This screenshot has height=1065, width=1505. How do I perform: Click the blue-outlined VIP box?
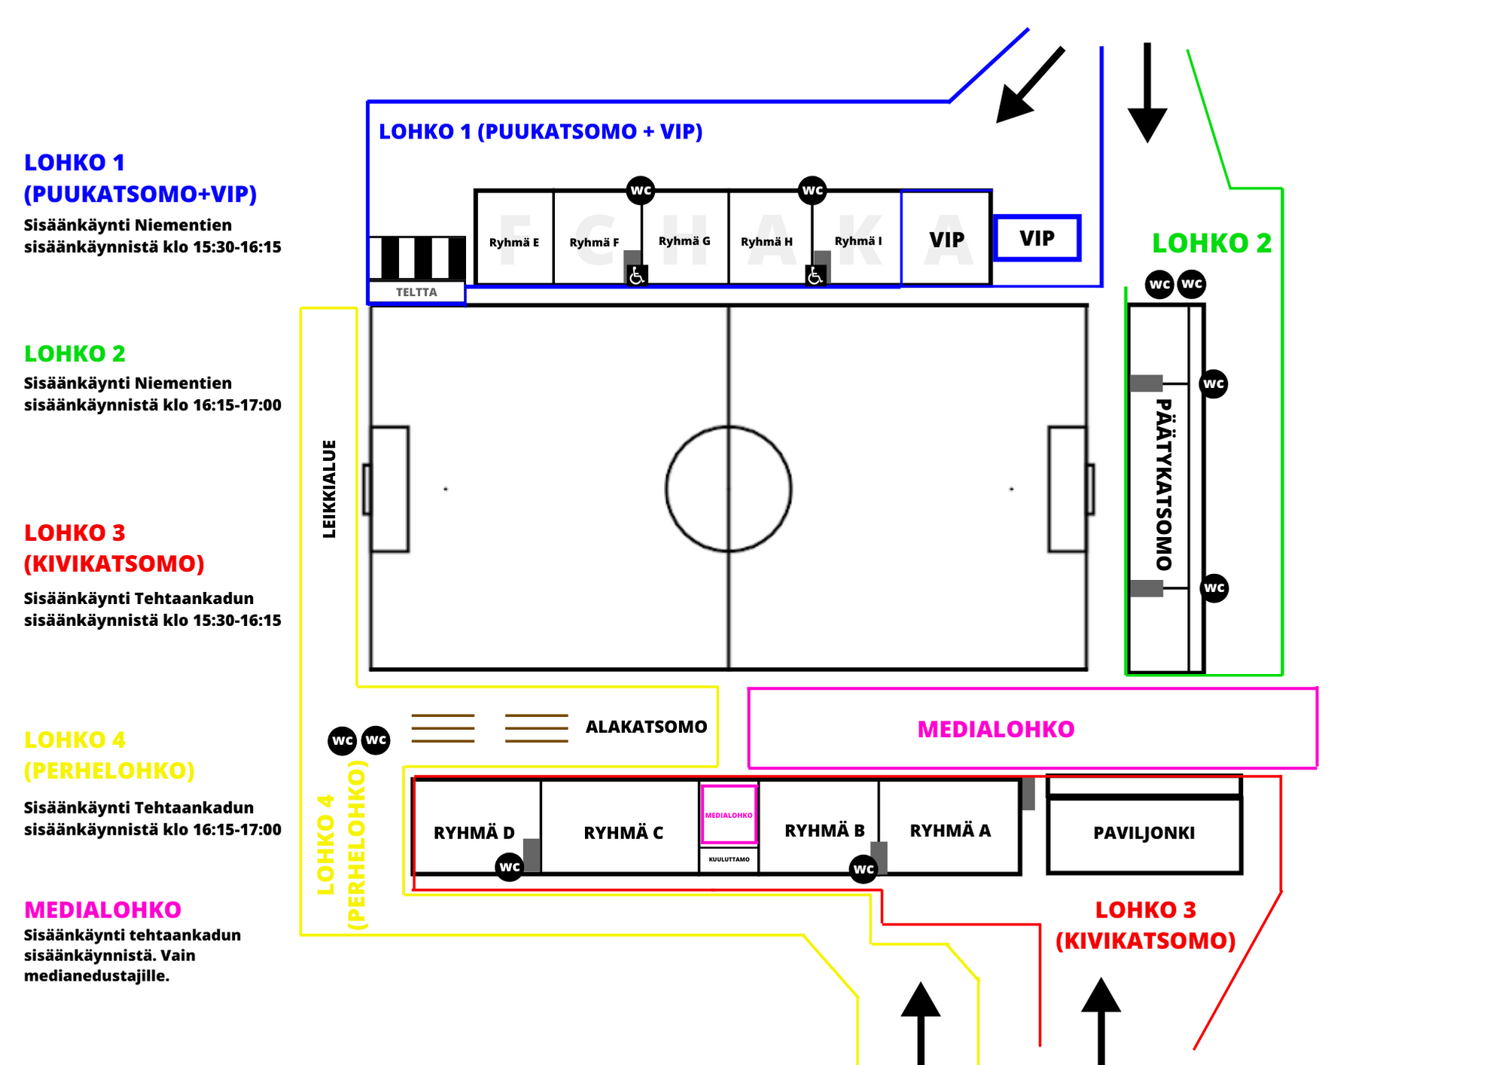(1037, 239)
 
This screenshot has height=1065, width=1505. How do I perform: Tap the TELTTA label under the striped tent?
(416, 292)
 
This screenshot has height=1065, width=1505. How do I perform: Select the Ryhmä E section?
(514, 242)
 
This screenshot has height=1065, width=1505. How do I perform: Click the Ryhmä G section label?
(684, 241)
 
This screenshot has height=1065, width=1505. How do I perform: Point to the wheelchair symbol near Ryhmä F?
(636, 276)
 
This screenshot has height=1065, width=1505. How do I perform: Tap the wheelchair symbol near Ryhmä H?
(815, 276)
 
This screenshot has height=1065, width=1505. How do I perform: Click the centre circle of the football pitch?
(728, 489)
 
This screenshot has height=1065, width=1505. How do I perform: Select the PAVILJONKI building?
(1144, 833)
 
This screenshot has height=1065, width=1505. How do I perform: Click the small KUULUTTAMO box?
(729, 859)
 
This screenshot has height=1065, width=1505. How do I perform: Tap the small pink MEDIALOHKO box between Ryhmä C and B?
(728, 815)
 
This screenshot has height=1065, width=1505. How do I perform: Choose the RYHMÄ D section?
(474, 832)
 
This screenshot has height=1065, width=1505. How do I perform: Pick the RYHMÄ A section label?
(950, 831)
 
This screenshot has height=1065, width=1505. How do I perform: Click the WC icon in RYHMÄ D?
(510, 867)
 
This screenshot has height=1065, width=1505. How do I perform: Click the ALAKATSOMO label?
(646, 727)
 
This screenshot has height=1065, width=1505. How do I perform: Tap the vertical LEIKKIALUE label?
(329, 489)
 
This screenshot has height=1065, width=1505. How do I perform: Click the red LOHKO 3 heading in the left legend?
(75, 532)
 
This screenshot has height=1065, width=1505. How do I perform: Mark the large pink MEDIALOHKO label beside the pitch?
(995, 729)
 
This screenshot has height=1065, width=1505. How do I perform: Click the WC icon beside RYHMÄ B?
(863, 869)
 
